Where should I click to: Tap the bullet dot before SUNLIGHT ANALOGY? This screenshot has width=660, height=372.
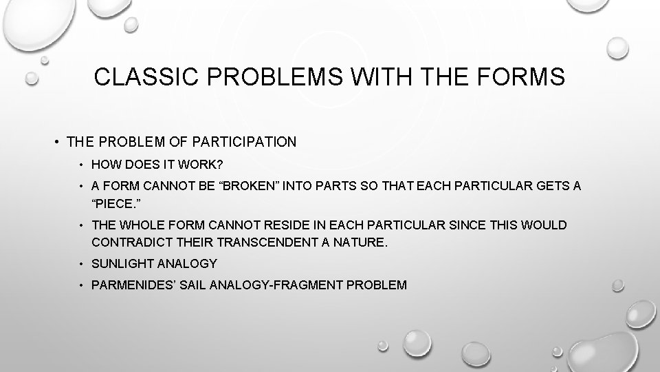(x=81, y=264)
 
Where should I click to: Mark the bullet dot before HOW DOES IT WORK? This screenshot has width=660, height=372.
(x=81, y=165)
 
